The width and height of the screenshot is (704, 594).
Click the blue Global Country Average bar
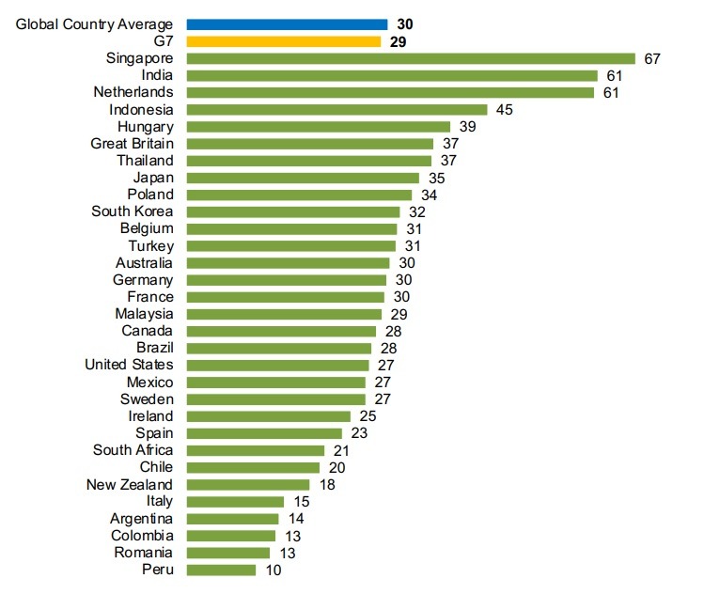coord(287,23)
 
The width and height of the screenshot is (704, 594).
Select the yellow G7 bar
coord(283,41)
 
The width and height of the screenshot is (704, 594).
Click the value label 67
coord(653,58)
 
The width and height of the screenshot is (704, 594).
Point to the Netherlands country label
coord(133,92)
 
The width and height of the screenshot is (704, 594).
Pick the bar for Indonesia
coord(336,109)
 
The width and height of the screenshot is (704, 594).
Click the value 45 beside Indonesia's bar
coord(504,109)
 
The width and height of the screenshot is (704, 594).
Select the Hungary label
coord(146,126)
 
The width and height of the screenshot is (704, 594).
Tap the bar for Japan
coord(303,178)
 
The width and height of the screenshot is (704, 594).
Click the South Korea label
coord(133,211)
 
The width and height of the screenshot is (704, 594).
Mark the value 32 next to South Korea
coord(417,211)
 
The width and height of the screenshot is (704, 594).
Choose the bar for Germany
coord(286,279)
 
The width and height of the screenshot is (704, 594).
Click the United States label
coord(129,365)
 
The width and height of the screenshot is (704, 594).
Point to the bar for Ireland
coord(268,415)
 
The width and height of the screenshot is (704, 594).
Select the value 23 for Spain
coord(358,432)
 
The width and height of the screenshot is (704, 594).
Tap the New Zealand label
coord(130,484)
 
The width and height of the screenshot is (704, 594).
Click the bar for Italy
coord(235,501)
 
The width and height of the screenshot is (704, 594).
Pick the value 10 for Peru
coord(273,570)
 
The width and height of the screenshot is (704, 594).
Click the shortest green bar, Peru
coord(221,570)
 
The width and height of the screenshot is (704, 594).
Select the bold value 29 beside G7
coord(398,41)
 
